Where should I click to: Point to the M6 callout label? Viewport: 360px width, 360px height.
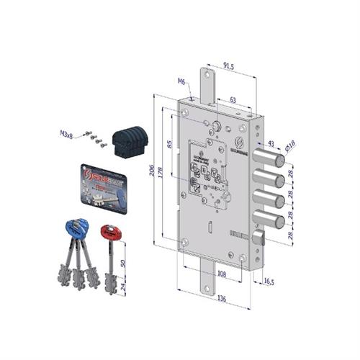(x=182, y=82)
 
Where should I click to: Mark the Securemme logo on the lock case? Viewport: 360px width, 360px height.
(x=240, y=141)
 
